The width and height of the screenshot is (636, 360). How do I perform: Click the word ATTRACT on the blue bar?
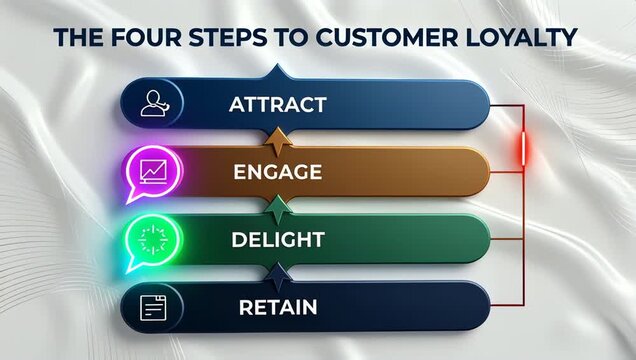point(276,103)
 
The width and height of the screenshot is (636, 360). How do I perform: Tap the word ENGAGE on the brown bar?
point(277,171)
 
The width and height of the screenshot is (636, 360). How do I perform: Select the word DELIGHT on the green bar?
point(277,239)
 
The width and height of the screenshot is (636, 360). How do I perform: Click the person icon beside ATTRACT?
point(154,103)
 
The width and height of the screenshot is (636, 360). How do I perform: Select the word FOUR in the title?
point(135,38)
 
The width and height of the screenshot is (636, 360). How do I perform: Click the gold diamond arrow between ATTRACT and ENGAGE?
point(277,137)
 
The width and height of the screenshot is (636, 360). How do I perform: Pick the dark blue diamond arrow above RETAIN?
point(277,273)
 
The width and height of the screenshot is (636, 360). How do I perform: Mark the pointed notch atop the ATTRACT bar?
point(277,73)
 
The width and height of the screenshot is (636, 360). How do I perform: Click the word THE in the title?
point(75,38)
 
